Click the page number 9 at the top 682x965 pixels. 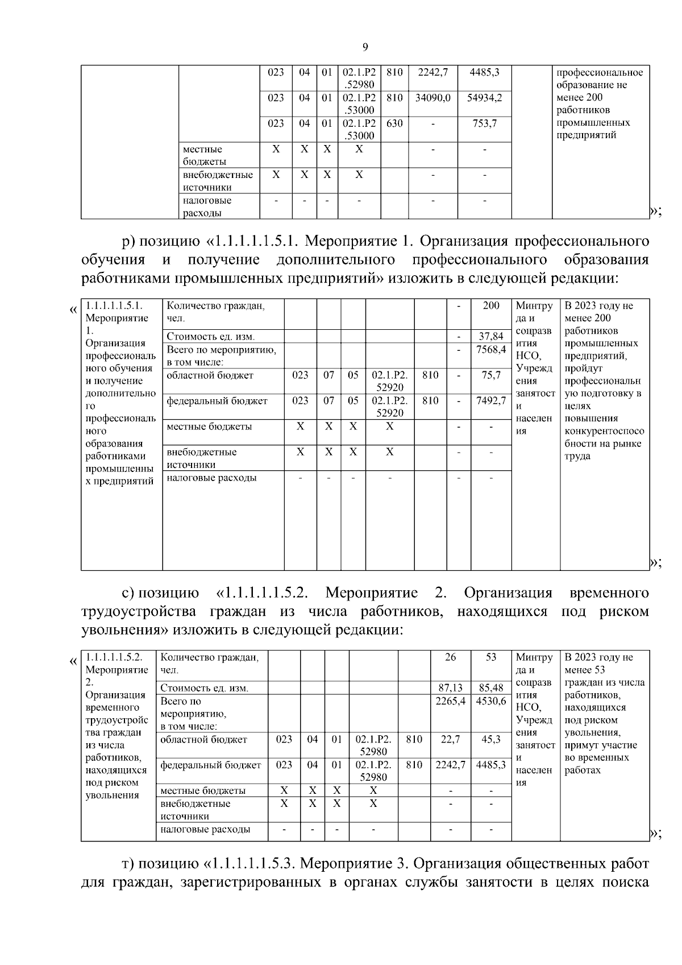coord(365,47)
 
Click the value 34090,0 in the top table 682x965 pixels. coord(433,98)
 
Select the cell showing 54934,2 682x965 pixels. coord(484,98)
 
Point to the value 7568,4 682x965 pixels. coord(491,350)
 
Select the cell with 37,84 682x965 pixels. coord(491,337)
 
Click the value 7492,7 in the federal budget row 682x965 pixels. coord(491,401)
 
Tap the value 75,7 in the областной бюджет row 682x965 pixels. coord(491,375)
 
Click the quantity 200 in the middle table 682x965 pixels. coord(491,306)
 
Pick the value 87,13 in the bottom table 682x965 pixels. coord(450,688)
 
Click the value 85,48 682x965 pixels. coord(491,688)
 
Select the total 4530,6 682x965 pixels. coord(491,701)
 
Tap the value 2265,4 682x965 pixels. coord(450,701)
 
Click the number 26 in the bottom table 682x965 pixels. coord(450,657)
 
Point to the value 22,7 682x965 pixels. coord(450,739)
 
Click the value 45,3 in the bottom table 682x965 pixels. coord(491,739)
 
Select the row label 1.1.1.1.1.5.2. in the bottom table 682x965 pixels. coord(114,657)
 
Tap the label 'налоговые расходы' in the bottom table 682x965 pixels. coord(205,830)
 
